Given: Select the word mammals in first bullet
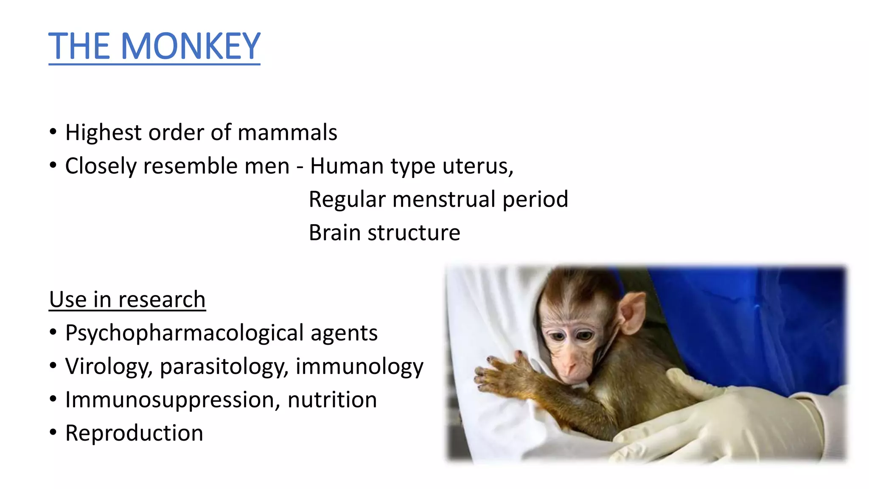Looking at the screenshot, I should [287, 132].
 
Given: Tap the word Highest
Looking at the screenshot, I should [103, 132].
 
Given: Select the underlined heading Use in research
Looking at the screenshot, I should [127, 300].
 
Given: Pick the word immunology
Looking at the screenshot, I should [359, 367].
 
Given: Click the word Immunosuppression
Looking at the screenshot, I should [172, 400].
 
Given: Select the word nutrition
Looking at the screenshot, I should [332, 400].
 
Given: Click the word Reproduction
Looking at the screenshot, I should [134, 433].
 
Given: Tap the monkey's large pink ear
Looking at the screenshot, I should [632, 312].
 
